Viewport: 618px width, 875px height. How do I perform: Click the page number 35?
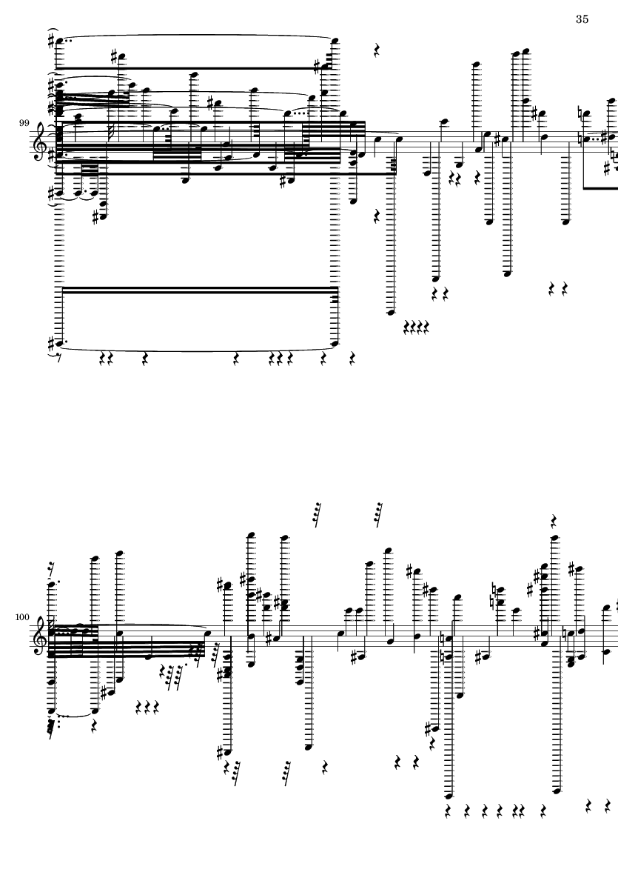tap(582, 19)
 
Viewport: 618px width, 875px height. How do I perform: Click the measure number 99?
tap(24, 123)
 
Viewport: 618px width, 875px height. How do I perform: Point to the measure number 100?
tap(22, 617)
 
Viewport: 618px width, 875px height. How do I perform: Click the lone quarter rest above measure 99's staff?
tap(377, 51)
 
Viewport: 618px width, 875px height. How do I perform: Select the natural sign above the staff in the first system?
tap(580, 114)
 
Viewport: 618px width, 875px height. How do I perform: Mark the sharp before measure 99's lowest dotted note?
tap(51, 343)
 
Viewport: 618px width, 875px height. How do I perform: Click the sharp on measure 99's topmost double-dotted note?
tap(51, 41)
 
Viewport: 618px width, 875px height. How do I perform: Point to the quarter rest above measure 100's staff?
tap(554, 521)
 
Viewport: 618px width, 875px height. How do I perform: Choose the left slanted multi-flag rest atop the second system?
tap(317, 514)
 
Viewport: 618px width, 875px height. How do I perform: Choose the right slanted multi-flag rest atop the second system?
tap(378, 514)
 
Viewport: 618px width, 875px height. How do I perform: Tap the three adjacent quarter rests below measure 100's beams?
tap(148, 708)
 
